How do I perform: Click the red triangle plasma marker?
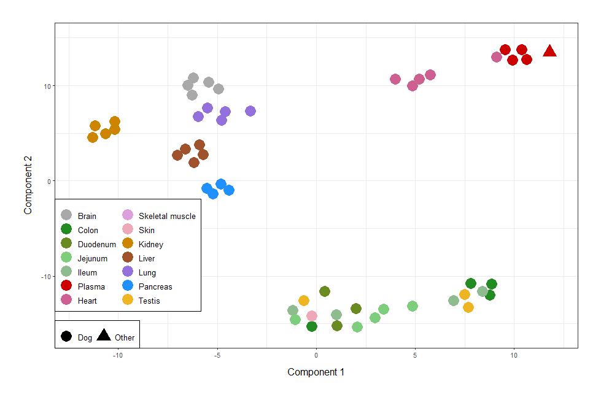tap(549, 52)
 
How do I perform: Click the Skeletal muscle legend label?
tap(167, 216)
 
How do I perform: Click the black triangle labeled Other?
tap(104, 336)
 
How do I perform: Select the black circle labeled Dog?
tap(66, 337)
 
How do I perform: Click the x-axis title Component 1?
tap(316, 372)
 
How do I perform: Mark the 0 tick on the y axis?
tap(48, 181)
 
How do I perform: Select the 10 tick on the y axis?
tap(47, 86)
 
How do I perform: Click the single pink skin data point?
tap(312, 316)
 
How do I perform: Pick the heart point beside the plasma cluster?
tap(497, 57)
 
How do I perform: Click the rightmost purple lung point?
tap(250, 111)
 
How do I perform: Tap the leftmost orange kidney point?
tap(93, 137)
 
